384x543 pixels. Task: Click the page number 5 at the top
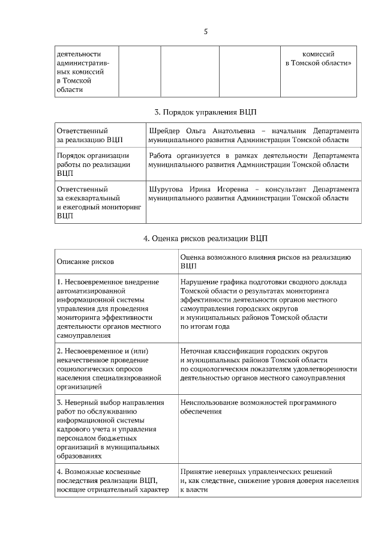click(x=205, y=31)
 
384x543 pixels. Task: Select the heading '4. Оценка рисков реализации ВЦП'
click(x=205, y=238)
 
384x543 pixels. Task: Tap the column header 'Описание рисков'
click(x=85, y=262)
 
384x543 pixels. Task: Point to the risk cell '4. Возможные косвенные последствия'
click(x=109, y=481)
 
